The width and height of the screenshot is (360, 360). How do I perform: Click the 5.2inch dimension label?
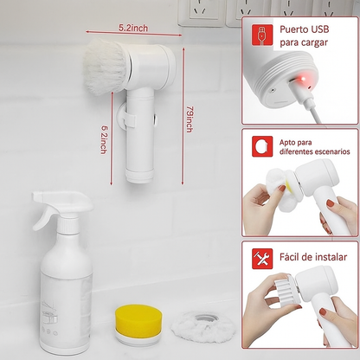(133, 28)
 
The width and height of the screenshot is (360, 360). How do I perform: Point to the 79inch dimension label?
(190, 119)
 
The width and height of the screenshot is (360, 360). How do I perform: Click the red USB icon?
(262, 35)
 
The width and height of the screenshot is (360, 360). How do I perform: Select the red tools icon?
(262, 259)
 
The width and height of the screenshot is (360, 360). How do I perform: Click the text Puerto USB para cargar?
(305, 36)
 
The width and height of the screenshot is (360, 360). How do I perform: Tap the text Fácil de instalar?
(313, 257)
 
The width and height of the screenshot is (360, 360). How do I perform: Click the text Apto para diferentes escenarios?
(314, 147)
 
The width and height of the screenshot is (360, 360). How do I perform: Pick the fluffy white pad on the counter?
(203, 327)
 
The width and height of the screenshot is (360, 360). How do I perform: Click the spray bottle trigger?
(43, 219)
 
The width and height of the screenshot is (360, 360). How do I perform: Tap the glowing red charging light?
(303, 79)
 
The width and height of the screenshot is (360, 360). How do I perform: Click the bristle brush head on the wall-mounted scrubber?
(106, 67)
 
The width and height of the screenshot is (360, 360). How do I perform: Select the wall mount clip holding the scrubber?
(126, 117)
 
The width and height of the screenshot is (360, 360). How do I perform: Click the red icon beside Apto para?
(262, 146)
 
